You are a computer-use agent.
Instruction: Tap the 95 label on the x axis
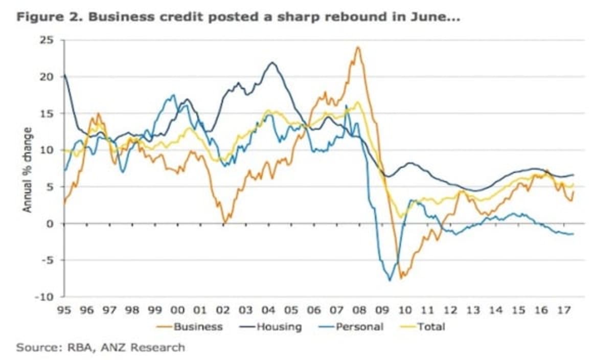[x=64, y=310]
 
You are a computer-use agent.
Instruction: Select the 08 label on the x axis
[x=359, y=310]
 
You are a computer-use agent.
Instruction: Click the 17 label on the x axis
[x=564, y=310]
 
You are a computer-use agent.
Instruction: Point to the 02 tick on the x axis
[x=223, y=310]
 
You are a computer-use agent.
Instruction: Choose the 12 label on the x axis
[x=450, y=310]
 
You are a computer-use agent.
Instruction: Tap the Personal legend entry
[x=358, y=326]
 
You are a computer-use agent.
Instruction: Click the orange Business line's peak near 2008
[x=358, y=48]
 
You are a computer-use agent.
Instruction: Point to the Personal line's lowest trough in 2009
[x=390, y=280]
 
